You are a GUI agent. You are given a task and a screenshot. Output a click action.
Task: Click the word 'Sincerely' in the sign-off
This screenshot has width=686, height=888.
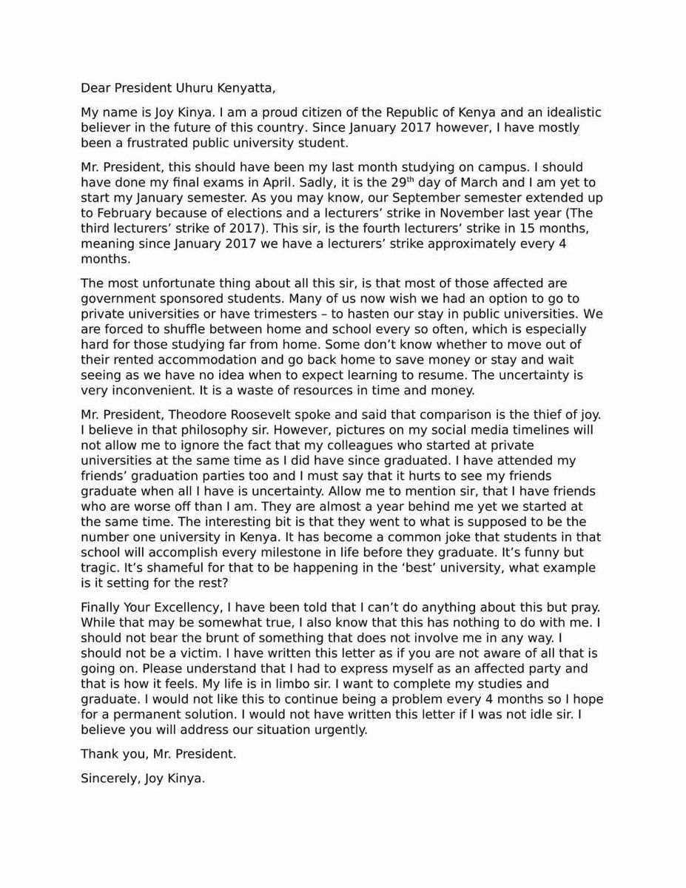107,779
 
